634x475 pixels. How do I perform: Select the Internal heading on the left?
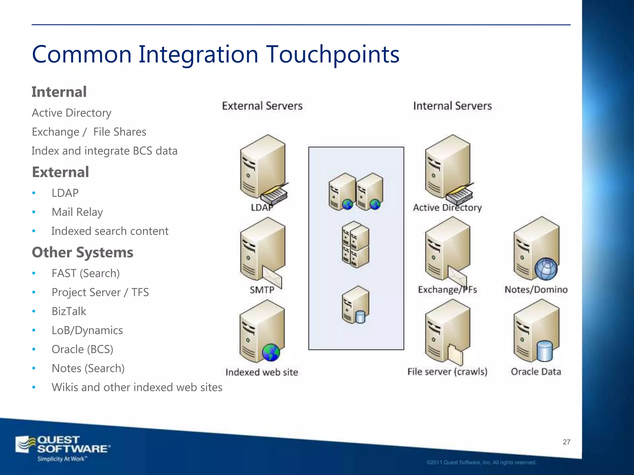click(x=59, y=92)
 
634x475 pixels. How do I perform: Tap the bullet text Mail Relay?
click(x=77, y=212)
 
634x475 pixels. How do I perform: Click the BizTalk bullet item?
click(x=69, y=311)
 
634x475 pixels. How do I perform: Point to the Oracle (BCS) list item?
click(x=82, y=349)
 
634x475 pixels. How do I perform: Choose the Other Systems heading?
click(x=82, y=252)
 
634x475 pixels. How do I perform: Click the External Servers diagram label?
click(x=262, y=106)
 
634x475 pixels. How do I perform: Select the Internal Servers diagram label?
click(x=452, y=106)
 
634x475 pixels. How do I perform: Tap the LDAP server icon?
click(x=263, y=169)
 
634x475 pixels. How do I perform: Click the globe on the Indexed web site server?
click(x=271, y=353)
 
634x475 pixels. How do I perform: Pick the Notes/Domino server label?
click(x=536, y=290)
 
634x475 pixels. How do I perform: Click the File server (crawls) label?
click(x=447, y=372)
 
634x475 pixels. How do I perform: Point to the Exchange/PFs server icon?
click(x=447, y=250)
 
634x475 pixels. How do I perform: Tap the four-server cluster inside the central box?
click(x=355, y=244)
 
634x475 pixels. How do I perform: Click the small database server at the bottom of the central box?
click(x=355, y=305)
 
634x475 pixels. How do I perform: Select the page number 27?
click(x=566, y=442)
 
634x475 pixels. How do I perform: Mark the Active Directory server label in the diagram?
click(x=447, y=208)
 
